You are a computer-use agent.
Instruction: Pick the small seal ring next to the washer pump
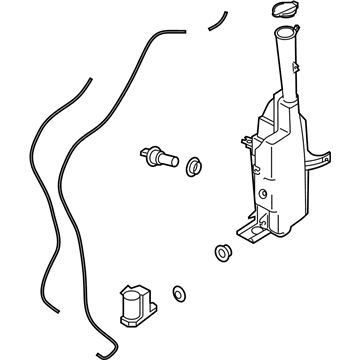point(178,294)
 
